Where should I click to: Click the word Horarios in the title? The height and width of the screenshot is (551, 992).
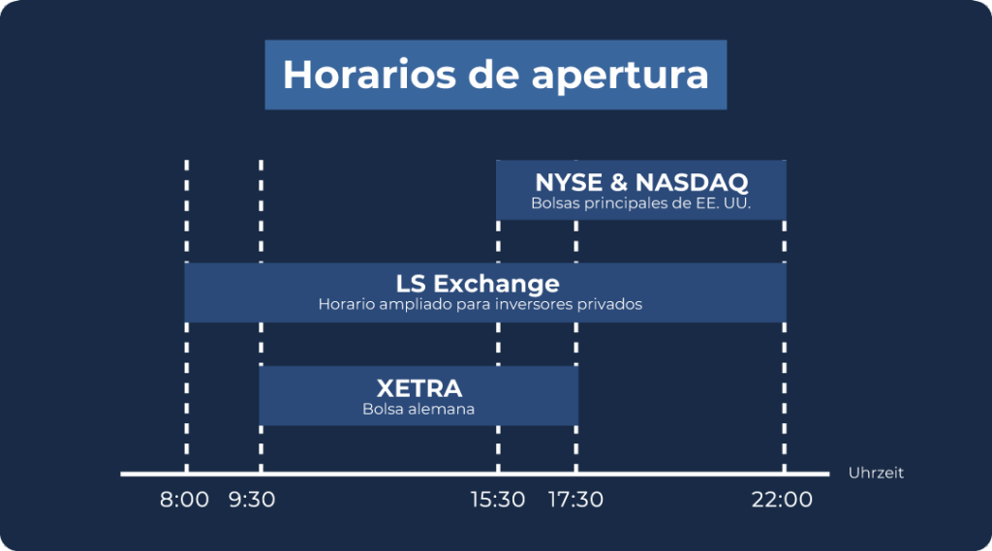[369, 75]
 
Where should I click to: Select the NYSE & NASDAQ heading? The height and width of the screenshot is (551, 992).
[641, 182]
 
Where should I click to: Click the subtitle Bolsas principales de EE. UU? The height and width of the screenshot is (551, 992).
[641, 203]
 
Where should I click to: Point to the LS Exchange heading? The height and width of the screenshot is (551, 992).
[478, 284]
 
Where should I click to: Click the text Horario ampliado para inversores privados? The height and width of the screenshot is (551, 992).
[480, 304]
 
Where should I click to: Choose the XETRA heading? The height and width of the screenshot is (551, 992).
[418, 387]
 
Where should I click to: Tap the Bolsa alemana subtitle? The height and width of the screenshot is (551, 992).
[418, 410]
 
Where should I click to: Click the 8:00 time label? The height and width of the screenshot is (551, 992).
[184, 500]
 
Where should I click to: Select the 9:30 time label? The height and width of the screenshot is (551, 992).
[252, 500]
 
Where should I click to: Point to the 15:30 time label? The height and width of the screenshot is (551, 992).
[498, 500]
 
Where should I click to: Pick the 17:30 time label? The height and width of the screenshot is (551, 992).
[575, 500]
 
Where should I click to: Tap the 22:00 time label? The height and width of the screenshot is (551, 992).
[782, 500]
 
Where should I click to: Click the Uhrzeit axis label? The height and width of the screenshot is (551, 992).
[876, 474]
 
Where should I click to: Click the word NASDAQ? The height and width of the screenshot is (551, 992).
[692, 182]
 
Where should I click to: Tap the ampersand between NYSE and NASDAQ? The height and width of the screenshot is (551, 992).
[619, 182]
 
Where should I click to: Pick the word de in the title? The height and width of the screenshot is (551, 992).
[494, 75]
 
